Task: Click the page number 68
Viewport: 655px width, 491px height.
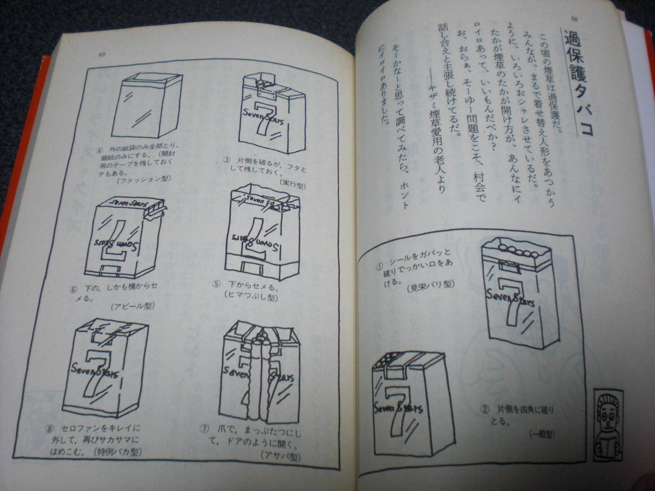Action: point(574,20)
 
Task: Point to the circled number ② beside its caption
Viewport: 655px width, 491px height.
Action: point(484,409)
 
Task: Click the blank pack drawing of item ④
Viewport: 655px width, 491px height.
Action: point(146,106)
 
